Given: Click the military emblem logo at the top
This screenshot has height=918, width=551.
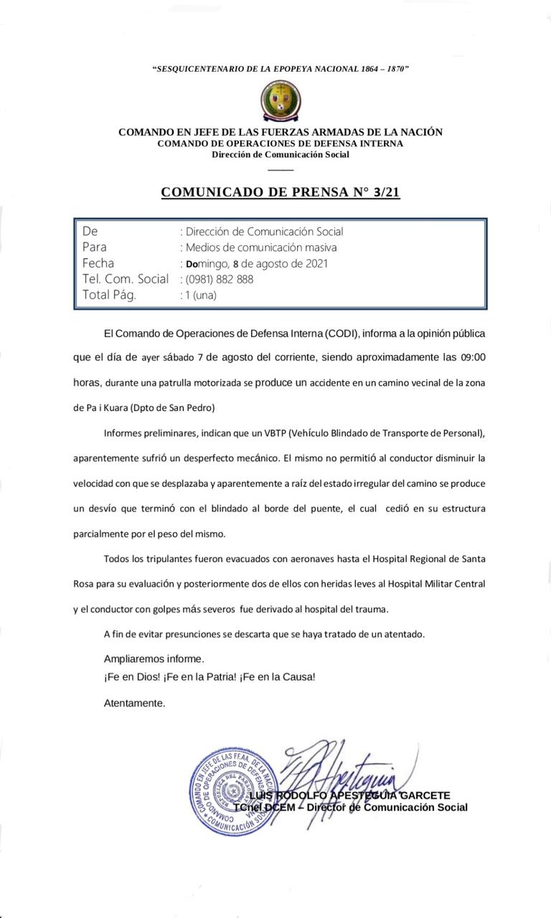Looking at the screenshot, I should (281, 100).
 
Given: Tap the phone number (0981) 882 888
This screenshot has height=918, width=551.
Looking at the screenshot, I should (219, 279).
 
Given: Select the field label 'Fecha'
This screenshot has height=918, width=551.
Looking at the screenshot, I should (98, 263).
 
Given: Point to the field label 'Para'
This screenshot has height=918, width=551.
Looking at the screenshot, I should (95, 247).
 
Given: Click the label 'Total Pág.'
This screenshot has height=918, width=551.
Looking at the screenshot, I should (108, 295).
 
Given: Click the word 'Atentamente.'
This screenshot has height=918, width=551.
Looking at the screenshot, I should (134, 704).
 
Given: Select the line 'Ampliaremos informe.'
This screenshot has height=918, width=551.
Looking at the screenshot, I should (154, 658).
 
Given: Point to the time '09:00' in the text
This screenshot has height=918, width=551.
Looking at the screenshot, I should (477, 357).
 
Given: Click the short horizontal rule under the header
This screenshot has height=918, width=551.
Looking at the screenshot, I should (281, 169).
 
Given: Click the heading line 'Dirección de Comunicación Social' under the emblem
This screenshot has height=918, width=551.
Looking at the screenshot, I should (281, 154).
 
